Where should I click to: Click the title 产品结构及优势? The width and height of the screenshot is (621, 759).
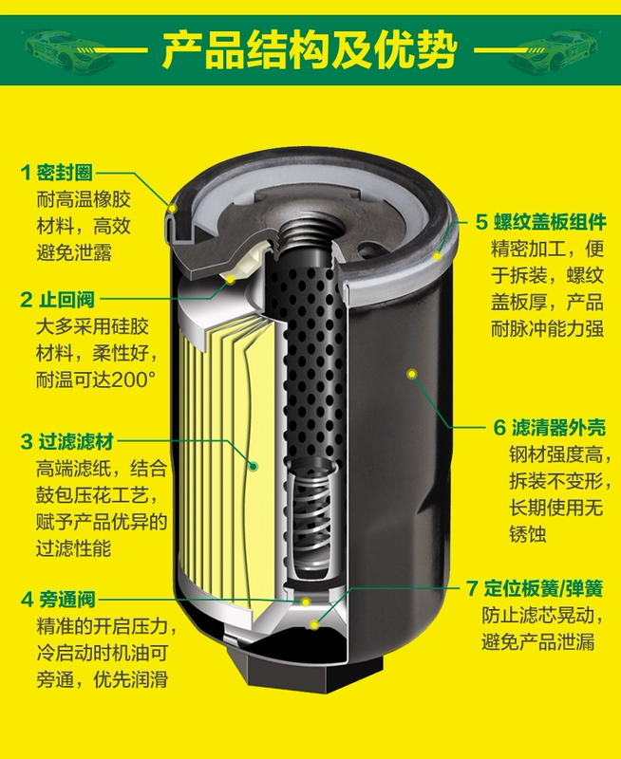(309, 50)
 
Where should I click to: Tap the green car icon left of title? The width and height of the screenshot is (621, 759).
(67, 50)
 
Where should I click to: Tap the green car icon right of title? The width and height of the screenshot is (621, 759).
(554, 50)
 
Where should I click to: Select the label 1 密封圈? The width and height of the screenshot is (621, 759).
(57, 173)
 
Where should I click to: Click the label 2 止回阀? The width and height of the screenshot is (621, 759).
(57, 300)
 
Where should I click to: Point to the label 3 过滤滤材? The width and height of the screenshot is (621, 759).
(66, 441)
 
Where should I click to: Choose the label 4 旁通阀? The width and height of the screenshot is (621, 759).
(58, 600)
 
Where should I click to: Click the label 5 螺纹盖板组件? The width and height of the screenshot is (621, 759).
(540, 222)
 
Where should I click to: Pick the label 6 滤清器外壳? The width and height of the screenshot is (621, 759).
(550, 428)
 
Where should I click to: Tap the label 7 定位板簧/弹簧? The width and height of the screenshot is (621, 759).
(535, 588)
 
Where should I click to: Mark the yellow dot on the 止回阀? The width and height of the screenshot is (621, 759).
(231, 280)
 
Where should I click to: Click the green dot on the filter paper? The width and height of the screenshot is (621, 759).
(254, 466)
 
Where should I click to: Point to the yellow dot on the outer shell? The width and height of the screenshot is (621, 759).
(412, 374)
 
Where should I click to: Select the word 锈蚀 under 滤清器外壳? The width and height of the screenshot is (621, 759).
(527, 534)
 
